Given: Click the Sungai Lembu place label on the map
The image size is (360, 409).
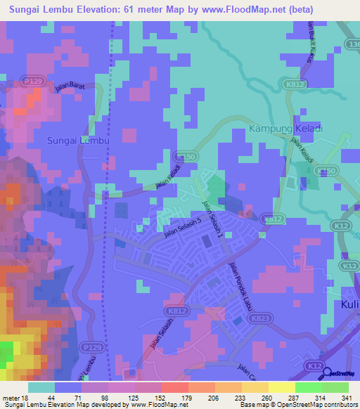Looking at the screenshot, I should pos(79,141).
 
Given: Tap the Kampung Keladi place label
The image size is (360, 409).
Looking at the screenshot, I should pos(285,129).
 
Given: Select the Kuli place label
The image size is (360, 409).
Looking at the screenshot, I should pos(349,304).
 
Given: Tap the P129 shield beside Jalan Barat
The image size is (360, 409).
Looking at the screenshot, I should pos(30,82).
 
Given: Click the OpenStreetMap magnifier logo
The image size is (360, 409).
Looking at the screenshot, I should pos(325,374).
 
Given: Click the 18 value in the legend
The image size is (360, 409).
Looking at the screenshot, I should pos(25,398).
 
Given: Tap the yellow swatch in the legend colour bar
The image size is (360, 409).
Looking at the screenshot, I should pos(281,387).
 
